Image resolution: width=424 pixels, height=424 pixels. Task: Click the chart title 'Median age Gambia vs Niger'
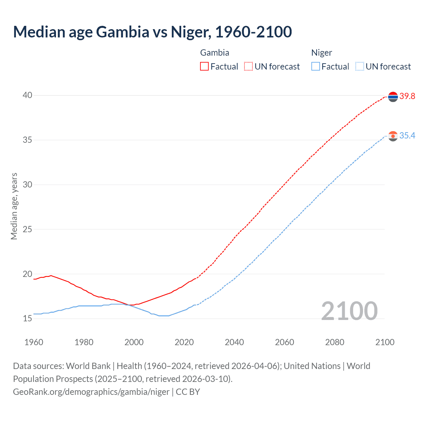(152, 32)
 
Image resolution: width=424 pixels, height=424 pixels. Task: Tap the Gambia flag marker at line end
(393, 97)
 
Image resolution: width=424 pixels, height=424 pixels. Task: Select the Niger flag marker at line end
(393, 136)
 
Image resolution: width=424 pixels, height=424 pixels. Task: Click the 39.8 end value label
(407, 96)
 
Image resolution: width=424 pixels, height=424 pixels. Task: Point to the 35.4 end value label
(407, 136)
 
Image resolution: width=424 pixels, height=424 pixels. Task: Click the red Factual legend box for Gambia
(204, 67)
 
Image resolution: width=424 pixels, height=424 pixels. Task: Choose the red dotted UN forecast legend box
(248, 67)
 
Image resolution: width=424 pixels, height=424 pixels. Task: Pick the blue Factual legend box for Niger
(316, 67)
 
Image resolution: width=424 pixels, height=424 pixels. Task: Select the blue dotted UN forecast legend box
(360, 67)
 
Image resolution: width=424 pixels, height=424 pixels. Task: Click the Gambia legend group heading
(215, 53)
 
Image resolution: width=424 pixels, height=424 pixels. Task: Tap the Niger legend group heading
(321, 53)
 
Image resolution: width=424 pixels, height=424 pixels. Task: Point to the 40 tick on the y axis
(27, 95)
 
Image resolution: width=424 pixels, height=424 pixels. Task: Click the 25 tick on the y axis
(27, 229)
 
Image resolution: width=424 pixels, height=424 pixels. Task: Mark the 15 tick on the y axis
(27, 319)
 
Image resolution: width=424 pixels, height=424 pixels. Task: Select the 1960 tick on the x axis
(34, 342)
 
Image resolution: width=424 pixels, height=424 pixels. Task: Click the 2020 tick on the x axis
(184, 342)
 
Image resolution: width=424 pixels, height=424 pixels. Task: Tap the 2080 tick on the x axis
(335, 342)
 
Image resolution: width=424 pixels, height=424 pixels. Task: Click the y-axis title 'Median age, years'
(14, 206)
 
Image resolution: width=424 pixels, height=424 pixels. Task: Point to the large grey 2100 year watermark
(349, 311)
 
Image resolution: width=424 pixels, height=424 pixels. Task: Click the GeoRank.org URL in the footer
(91, 392)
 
